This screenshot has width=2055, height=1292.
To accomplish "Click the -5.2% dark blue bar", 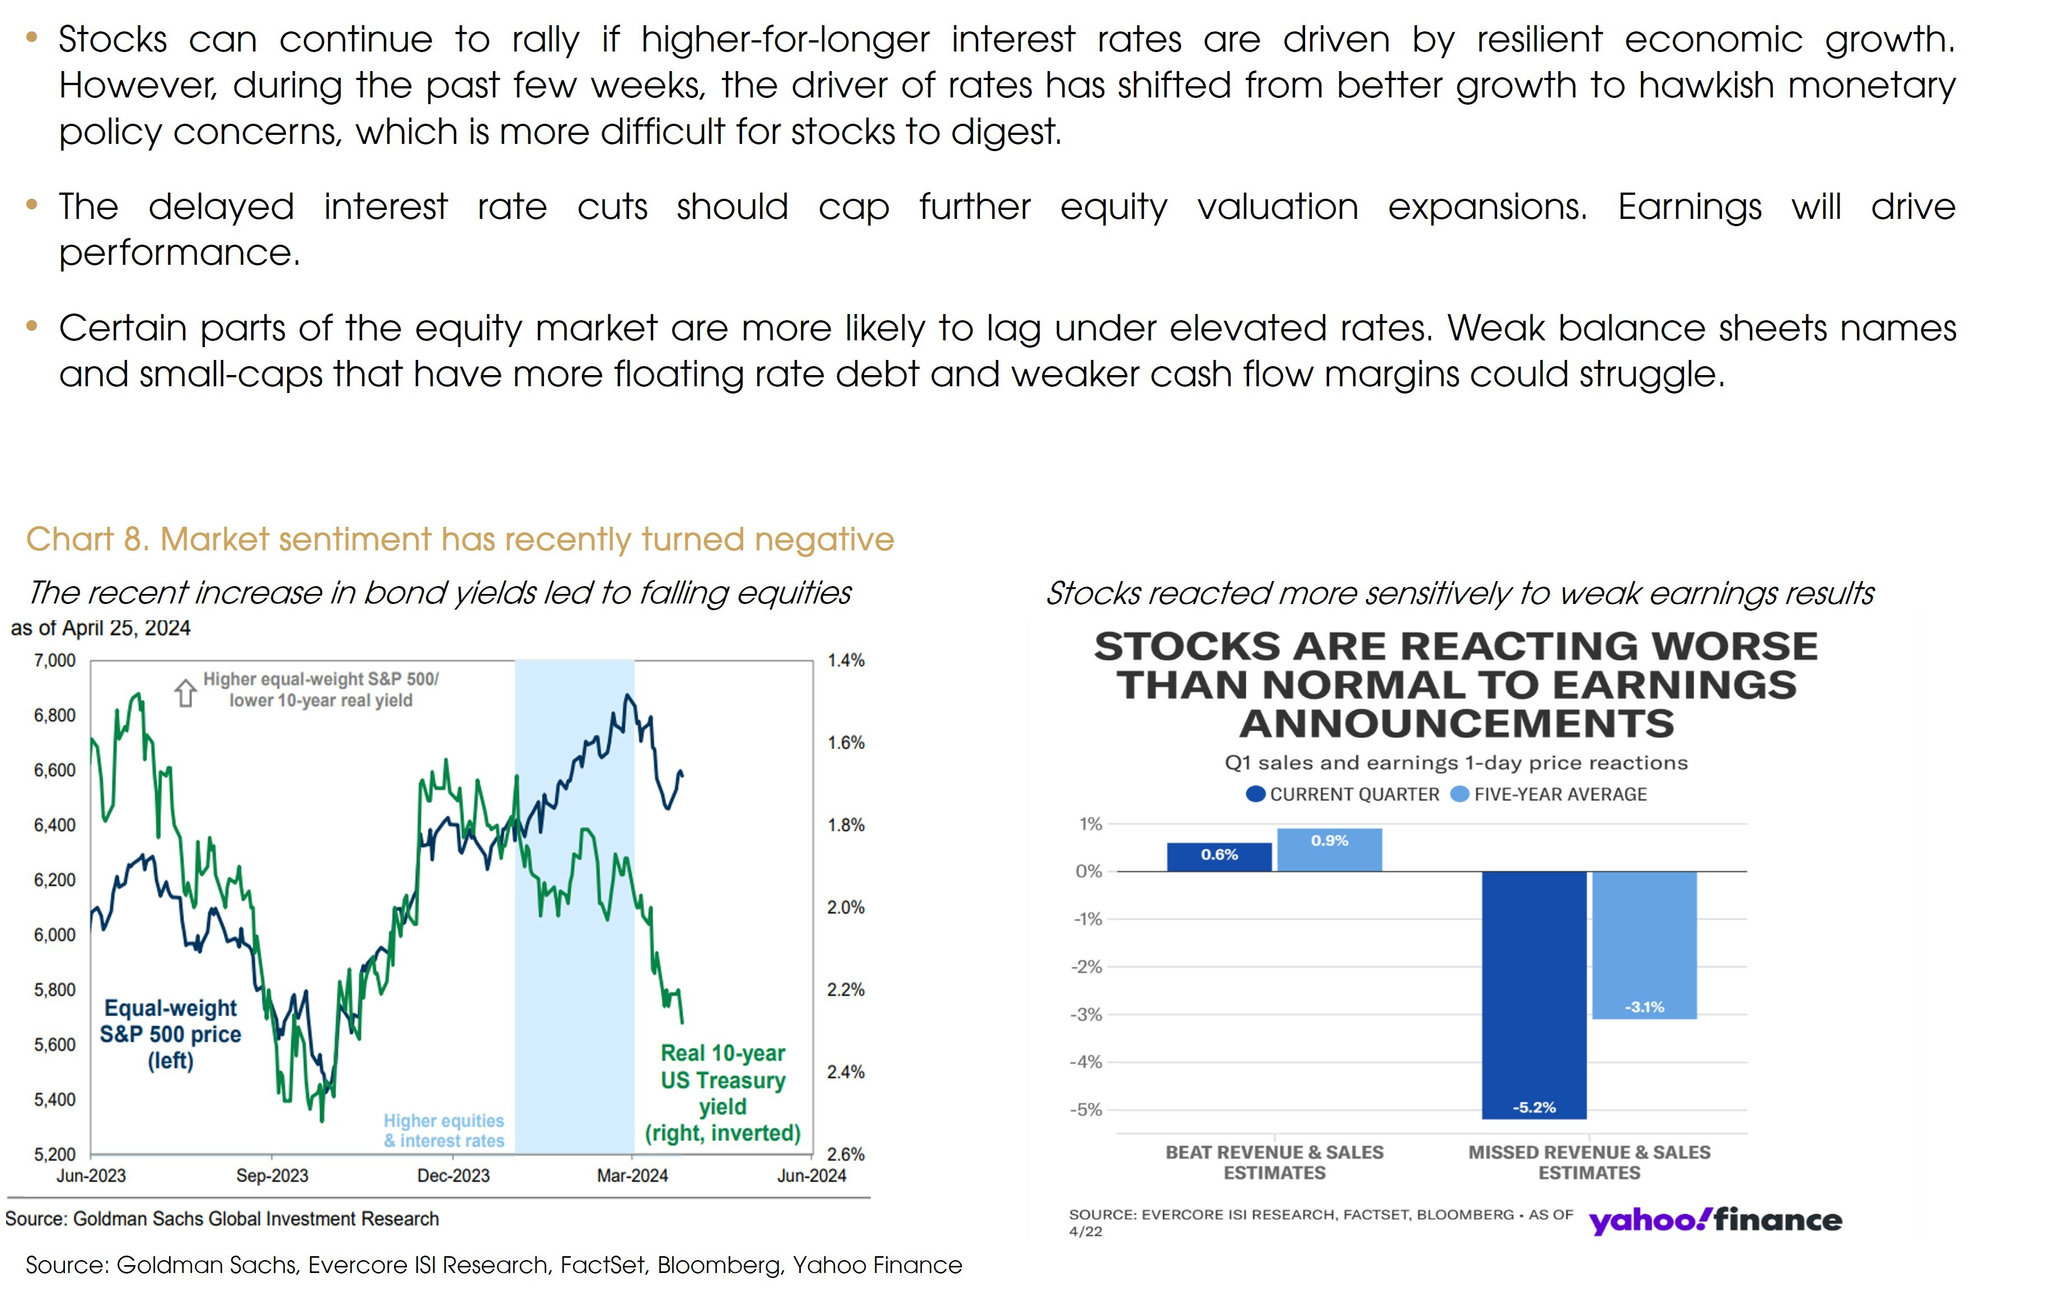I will (x=1533, y=994).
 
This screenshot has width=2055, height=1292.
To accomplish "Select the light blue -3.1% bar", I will (x=1644, y=945).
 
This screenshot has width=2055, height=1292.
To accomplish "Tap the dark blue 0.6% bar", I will (x=1219, y=857).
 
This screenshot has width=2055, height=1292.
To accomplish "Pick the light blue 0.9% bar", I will (x=1329, y=850).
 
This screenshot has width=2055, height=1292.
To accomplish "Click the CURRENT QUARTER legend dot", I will (x=1255, y=794).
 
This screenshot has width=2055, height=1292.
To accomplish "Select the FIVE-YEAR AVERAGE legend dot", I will (x=1460, y=794).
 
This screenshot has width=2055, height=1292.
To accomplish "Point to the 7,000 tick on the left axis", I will (x=55, y=661).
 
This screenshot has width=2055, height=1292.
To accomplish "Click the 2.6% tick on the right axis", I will (x=846, y=1155).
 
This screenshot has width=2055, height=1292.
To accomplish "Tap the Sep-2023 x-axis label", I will (x=271, y=1176).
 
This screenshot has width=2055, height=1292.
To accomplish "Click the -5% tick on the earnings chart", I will (x=1086, y=1110).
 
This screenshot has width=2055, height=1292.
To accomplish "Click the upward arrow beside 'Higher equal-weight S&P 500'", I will (x=185, y=692).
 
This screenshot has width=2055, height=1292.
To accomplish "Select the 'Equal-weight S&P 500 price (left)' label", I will (x=171, y=1034).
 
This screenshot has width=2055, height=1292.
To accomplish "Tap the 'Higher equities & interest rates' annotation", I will (x=444, y=1131).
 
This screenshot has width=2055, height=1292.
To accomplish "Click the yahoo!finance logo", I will (x=1715, y=1220).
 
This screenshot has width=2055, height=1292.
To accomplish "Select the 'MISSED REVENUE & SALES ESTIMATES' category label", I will (x=1589, y=1162).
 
